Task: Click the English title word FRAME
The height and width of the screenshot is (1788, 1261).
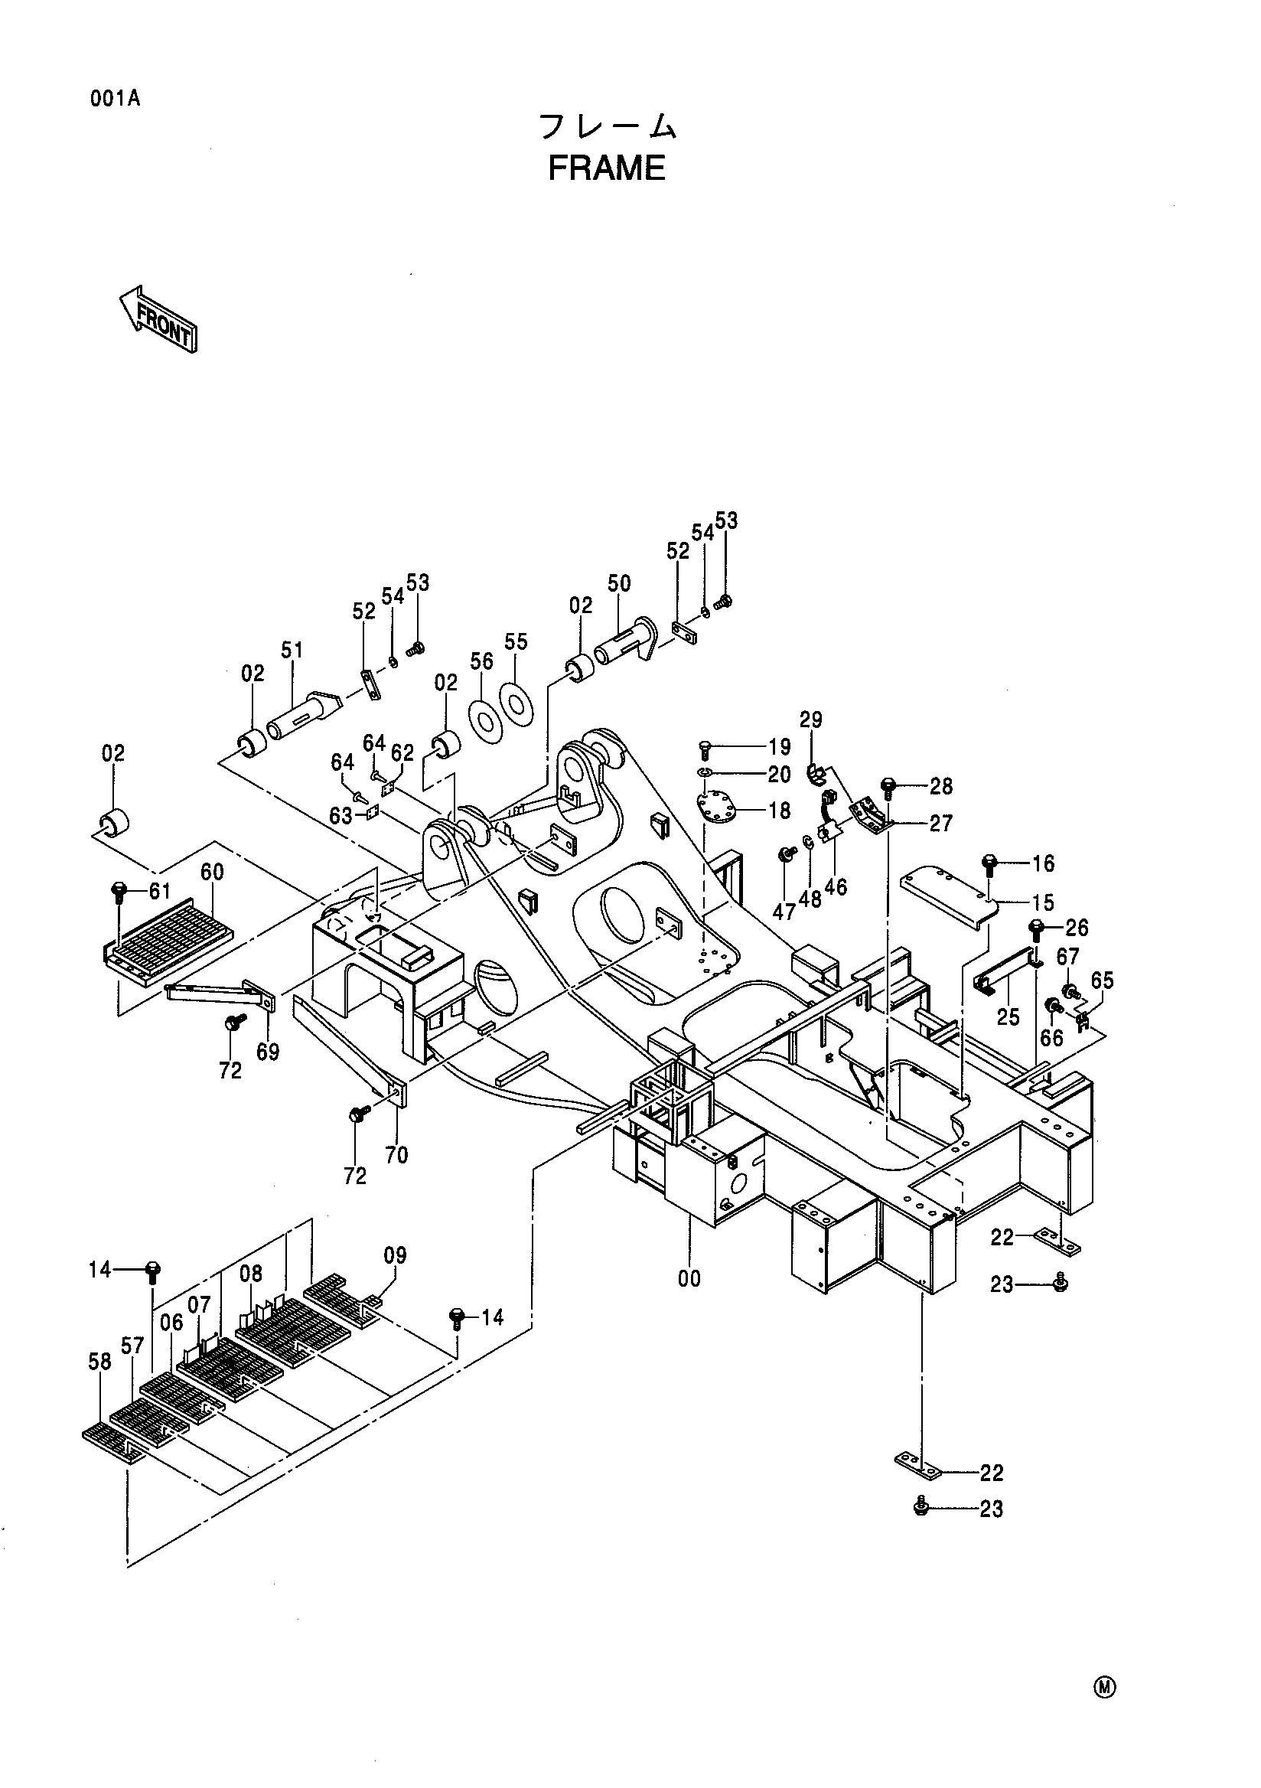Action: [x=606, y=168]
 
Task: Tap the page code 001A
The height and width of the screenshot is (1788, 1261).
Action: [x=116, y=99]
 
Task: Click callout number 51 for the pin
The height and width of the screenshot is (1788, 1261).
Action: [x=292, y=650]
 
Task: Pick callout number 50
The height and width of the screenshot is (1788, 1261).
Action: [x=619, y=583]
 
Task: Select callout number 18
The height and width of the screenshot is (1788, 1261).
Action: [x=779, y=810]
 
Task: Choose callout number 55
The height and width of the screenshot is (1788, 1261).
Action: [x=516, y=641]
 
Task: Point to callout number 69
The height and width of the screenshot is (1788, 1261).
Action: [x=268, y=1052]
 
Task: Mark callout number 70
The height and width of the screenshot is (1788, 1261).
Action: [x=396, y=1155]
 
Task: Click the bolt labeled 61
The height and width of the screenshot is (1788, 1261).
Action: [x=119, y=892]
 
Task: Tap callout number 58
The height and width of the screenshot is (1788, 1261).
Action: [x=99, y=1361]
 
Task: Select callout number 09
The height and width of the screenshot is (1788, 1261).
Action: [x=396, y=1255]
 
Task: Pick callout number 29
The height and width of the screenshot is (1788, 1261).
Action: [x=811, y=719]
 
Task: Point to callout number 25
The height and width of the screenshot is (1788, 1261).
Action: [x=1008, y=1016]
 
